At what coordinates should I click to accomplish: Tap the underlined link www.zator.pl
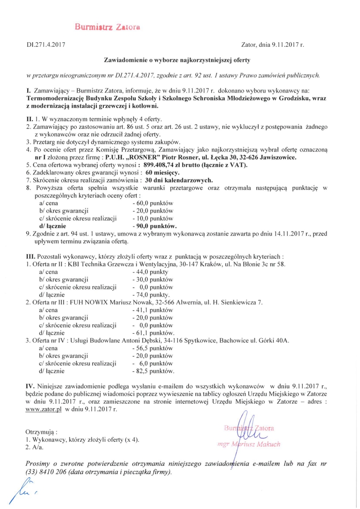coord(44,410)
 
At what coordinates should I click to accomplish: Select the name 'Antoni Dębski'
coord(139,341)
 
